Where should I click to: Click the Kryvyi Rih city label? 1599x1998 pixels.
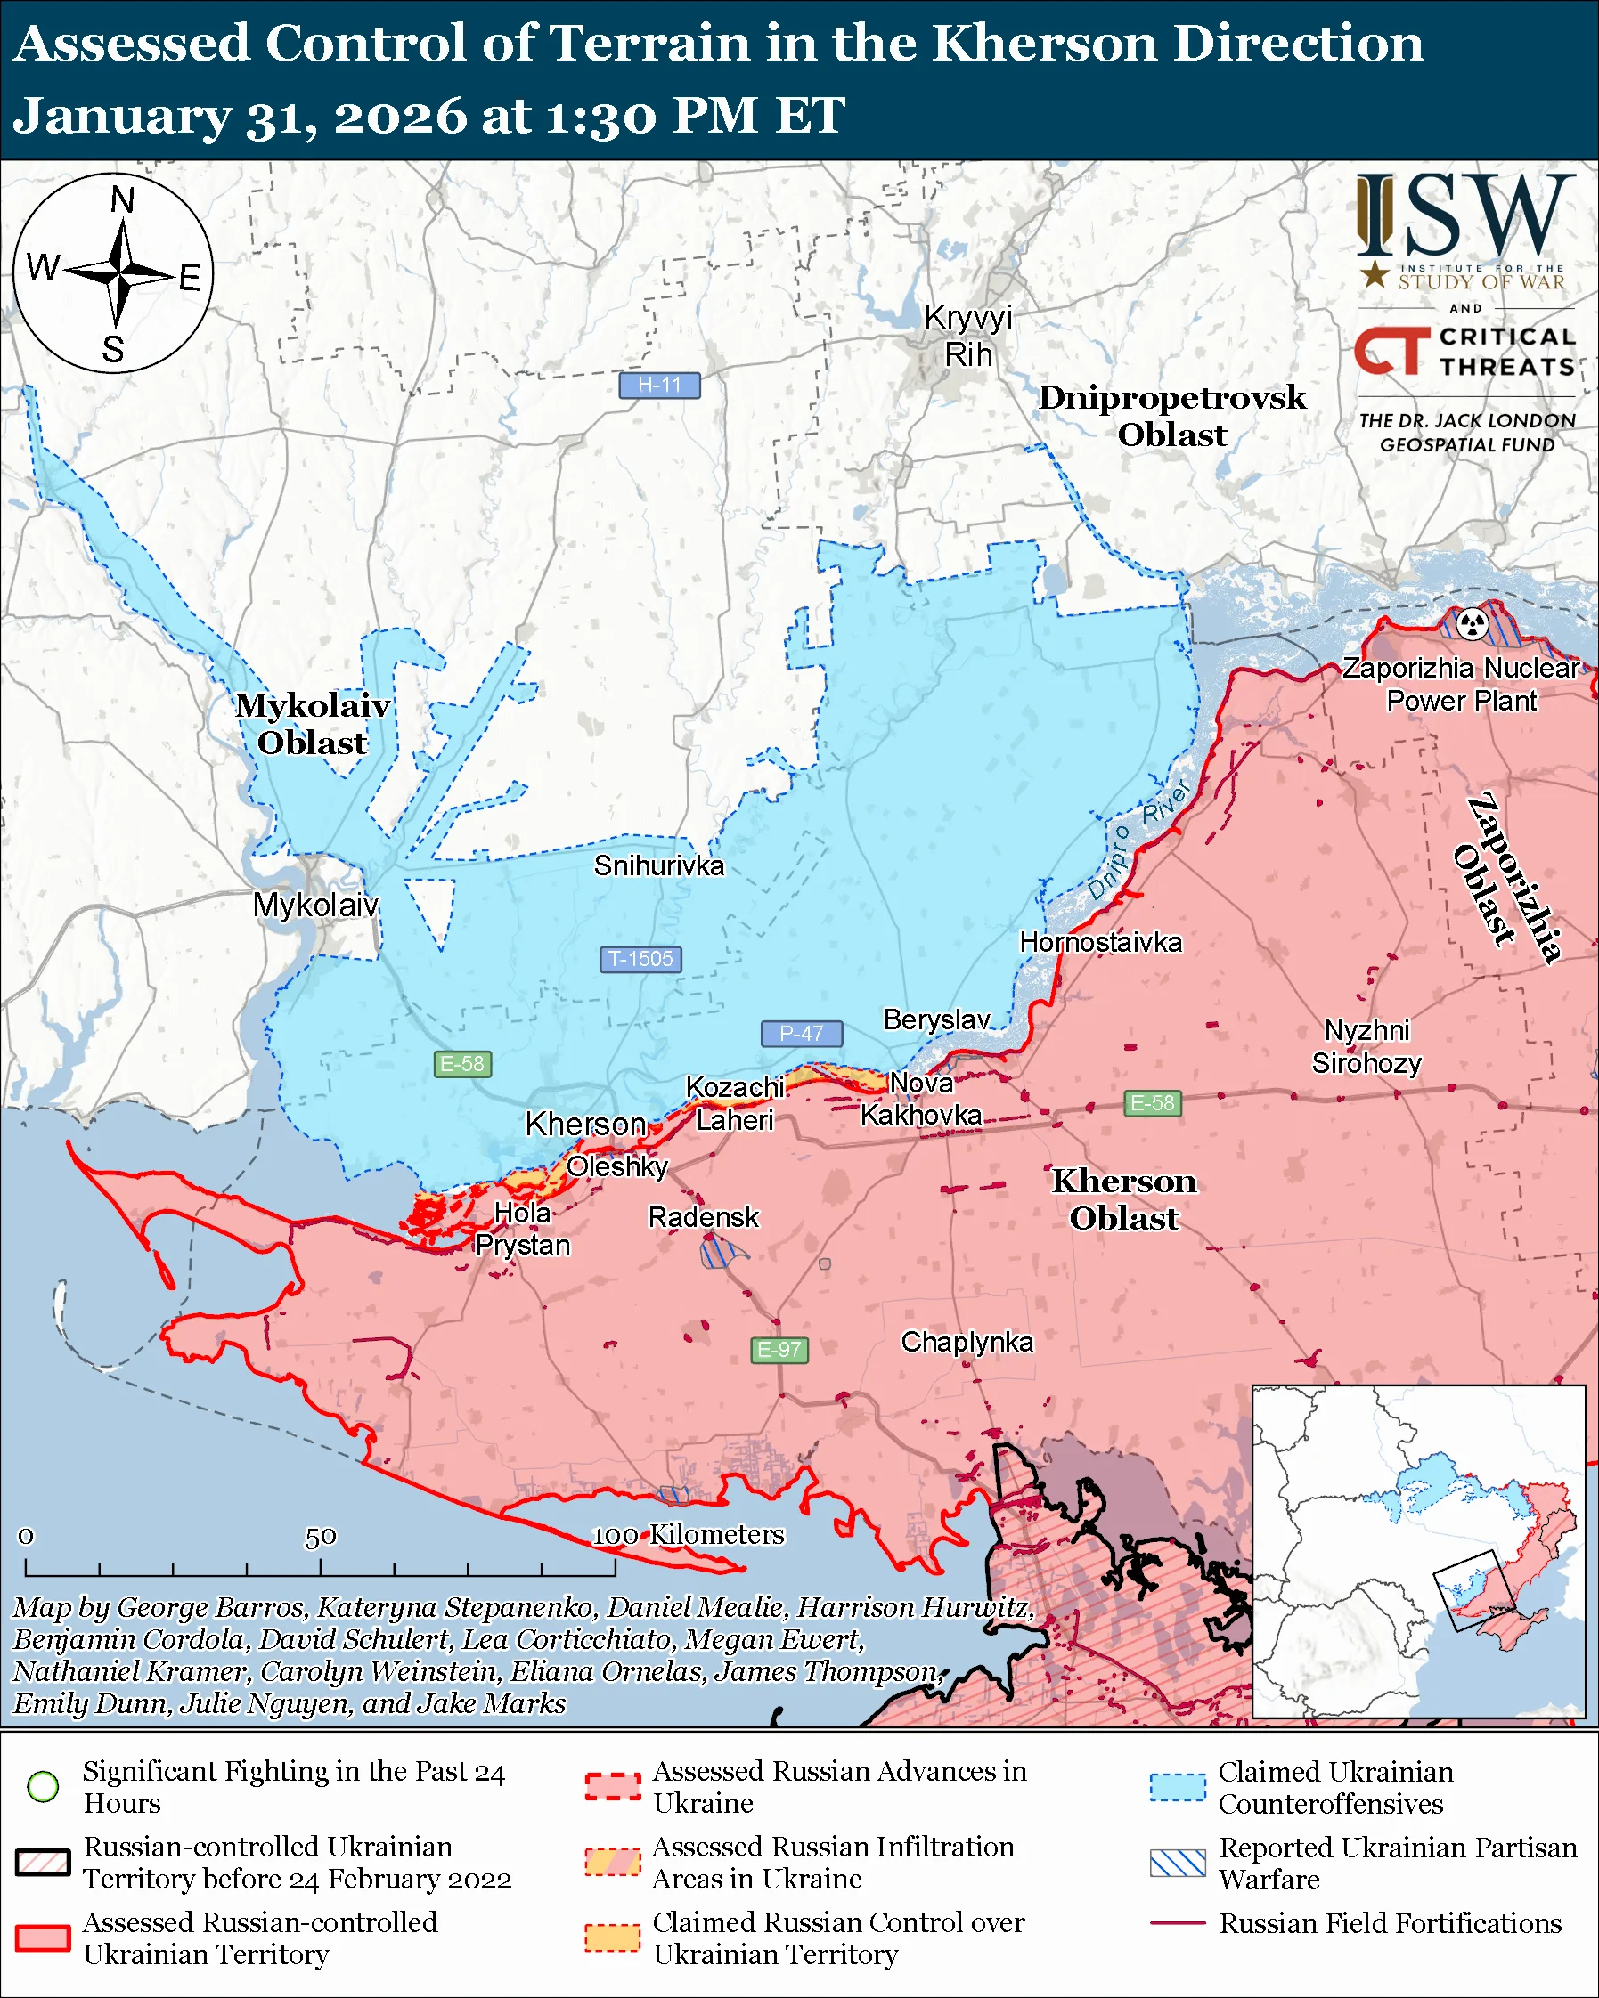[967, 336]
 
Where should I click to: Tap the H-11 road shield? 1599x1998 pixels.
[659, 385]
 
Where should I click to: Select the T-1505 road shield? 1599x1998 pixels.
[640, 958]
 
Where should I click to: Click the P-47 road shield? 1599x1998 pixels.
[801, 1032]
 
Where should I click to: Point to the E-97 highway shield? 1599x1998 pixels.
[779, 1349]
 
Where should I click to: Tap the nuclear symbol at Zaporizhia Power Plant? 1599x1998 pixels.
[1472, 623]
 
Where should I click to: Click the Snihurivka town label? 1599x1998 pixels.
[659, 865]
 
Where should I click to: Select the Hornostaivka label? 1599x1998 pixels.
[1100, 943]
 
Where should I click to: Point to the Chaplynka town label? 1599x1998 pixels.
[967, 1342]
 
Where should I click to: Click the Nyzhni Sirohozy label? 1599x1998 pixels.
[1366, 1046]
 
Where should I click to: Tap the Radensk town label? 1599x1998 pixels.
[703, 1217]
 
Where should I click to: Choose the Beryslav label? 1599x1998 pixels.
[936, 1019]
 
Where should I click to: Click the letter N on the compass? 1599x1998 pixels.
[122, 199]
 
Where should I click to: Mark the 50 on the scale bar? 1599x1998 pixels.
[320, 1538]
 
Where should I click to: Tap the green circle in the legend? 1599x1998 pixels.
[44, 1786]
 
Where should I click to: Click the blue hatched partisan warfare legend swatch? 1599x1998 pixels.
[1178, 1863]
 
